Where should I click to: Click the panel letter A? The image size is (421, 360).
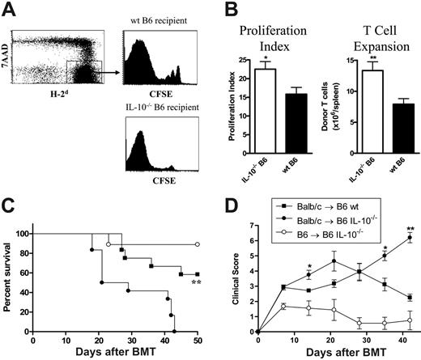[x=11, y=10]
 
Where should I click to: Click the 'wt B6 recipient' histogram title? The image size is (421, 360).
[x=155, y=9]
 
